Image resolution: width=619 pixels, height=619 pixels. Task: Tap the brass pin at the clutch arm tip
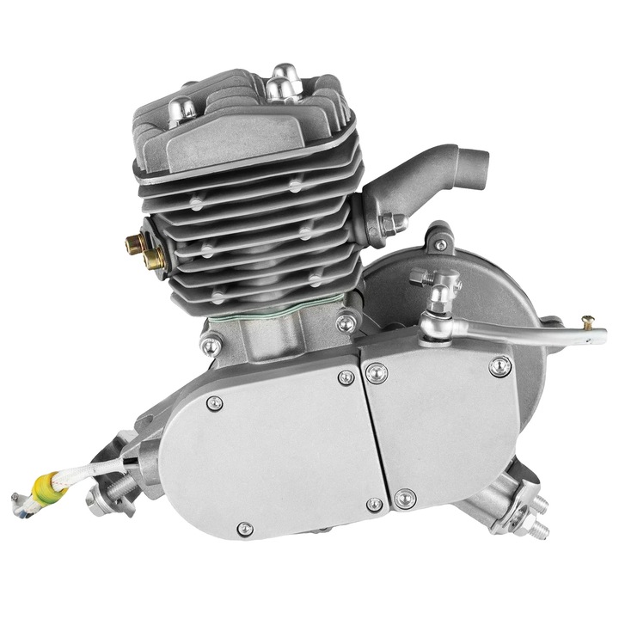point(586,321)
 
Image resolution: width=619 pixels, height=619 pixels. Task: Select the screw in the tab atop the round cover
point(440,243)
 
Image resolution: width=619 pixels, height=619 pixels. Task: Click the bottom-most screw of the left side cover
point(244,527)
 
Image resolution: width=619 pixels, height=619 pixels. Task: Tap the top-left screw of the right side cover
point(375,371)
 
